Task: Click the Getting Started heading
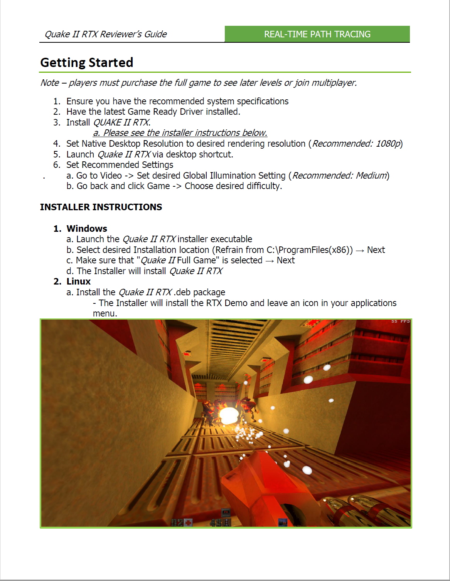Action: click(x=87, y=62)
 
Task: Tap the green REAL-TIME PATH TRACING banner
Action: click(x=317, y=34)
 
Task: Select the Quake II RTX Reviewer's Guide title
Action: click(x=106, y=34)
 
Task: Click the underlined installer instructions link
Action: click(x=180, y=133)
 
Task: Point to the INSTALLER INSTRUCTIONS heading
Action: click(x=101, y=207)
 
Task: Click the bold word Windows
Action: click(x=87, y=229)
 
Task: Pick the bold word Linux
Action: click(x=79, y=281)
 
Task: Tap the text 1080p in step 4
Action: click(x=388, y=144)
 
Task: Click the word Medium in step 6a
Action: click(x=371, y=176)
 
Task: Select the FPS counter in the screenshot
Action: click(x=401, y=321)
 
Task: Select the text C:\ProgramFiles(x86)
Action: click(x=309, y=250)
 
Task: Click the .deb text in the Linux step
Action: click(x=182, y=292)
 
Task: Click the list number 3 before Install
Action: click(x=57, y=122)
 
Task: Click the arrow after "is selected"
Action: click(x=270, y=261)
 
